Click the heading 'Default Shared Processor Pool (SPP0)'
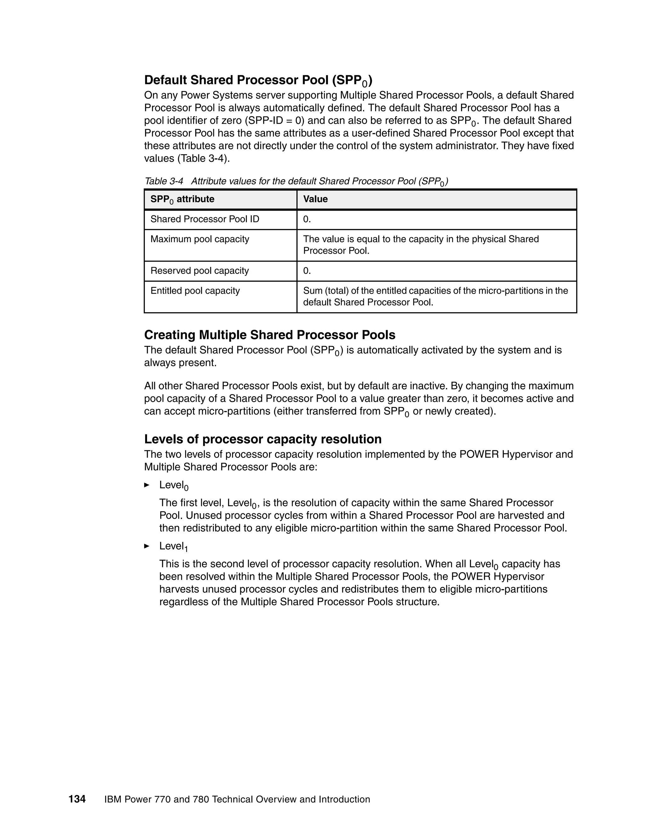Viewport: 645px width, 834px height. click(x=258, y=80)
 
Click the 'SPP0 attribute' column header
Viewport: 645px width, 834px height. click(x=182, y=199)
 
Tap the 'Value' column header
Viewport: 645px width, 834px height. click(x=315, y=199)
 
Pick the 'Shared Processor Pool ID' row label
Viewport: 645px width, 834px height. click(x=205, y=219)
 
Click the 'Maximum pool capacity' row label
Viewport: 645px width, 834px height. click(x=200, y=239)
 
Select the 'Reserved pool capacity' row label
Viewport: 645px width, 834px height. click(x=199, y=271)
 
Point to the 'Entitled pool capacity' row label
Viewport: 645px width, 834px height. click(x=195, y=290)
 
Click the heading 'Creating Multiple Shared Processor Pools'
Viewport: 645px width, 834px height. click(x=269, y=335)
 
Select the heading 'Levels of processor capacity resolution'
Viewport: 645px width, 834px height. click(x=263, y=439)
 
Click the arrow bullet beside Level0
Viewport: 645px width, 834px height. click(x=147, y=485)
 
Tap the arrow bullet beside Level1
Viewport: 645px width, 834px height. click(x=147, y=546)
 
